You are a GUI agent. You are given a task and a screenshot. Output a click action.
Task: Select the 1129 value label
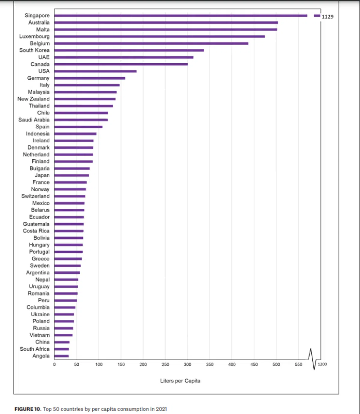pos(327,17)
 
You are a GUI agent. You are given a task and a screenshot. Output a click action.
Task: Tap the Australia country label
pos(39,22)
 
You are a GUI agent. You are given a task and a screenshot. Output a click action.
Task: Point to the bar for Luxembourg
pos(159,37)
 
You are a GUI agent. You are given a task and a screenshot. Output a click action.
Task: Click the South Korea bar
pos(129,50)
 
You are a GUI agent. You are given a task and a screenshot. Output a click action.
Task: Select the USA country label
pos(44,71)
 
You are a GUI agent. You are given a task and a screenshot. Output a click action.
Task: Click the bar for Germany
pos(90,78)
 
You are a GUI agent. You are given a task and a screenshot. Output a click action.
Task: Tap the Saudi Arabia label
pos(34,120)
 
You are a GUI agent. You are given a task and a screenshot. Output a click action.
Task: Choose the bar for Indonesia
pos(75,134)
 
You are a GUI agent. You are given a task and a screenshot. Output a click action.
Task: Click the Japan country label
pos(42,175)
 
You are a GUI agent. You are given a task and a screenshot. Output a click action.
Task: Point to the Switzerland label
pos(35,196)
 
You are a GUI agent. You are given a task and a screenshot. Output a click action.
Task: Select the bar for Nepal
pos(66,280)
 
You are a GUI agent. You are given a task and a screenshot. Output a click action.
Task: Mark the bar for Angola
pos(61,356)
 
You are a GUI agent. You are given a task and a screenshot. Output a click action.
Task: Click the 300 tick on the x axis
pos(187,365)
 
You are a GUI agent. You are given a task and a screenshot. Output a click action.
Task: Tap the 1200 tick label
pos(322,364)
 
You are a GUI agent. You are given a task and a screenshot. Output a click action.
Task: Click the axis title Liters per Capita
pos(180,381)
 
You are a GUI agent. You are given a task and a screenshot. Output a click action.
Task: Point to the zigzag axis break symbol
pos(312,359)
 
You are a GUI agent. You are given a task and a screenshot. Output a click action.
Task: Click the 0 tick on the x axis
pos(54,365)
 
